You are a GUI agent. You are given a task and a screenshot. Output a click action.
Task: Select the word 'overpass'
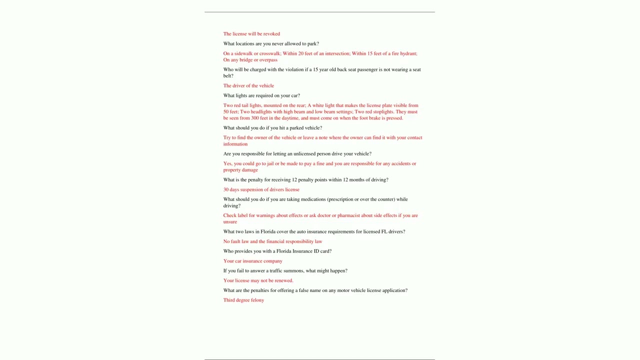point(268,60)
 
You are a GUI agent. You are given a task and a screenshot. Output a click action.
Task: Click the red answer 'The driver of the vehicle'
point(248,86)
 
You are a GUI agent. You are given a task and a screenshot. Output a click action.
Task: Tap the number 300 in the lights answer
point(255,118)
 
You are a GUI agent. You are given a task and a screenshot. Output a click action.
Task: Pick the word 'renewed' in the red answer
point(282,281)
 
